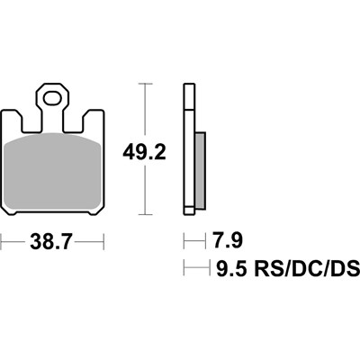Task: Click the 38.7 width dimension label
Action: coord(53,242)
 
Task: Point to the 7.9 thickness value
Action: coord(226,241)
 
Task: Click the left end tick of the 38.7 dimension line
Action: coord(3,242)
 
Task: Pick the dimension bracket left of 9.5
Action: coord(195,267)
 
